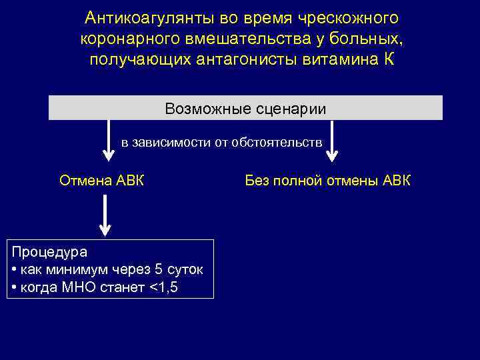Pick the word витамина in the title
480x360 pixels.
(x=341, y=59)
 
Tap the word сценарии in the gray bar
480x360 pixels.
(x=289, y=109)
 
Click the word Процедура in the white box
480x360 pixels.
(x=49, y=253)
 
